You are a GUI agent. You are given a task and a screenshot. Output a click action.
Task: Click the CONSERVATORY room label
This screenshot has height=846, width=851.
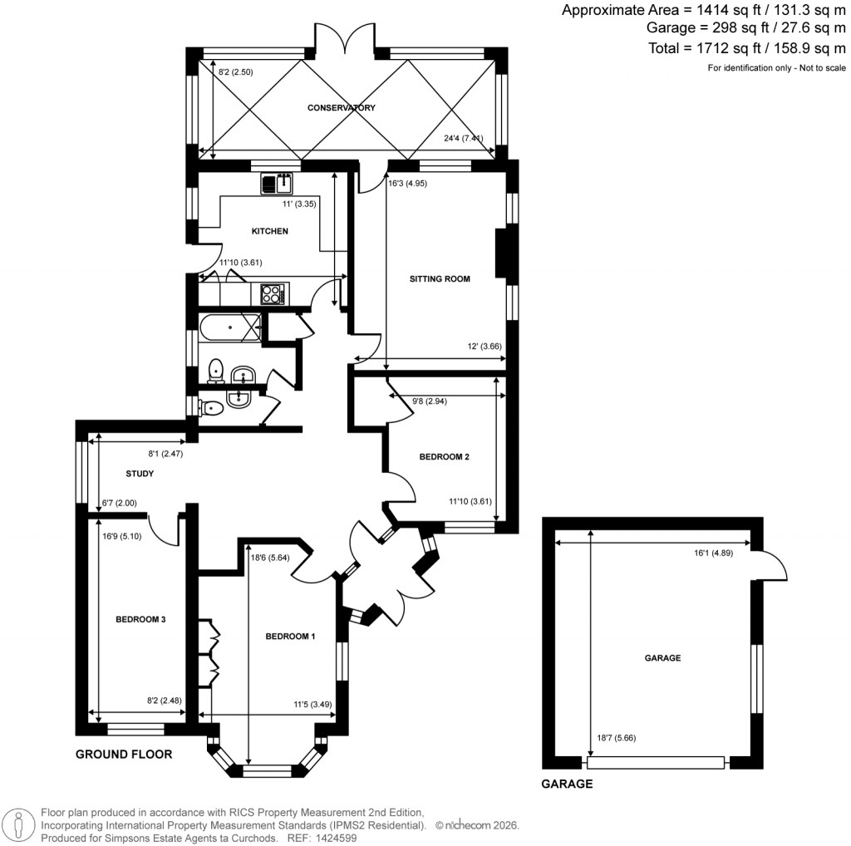click(x=342, y=108)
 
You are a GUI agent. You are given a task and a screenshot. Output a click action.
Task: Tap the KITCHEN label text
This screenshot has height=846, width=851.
click(x=269, y=231)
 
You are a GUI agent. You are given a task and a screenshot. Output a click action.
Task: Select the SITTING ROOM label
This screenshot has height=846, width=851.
click(x=440, y=279)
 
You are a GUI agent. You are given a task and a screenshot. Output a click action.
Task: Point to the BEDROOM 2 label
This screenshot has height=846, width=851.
click(x=444, y=457)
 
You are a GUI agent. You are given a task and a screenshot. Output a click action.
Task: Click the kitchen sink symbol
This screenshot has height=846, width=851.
click(x=276, y=182)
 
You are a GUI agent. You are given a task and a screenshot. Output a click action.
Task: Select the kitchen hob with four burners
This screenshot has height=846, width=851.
click(x=273, y=293)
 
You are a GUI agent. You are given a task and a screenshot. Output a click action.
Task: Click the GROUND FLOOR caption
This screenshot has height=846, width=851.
click(x=124, y=755)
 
